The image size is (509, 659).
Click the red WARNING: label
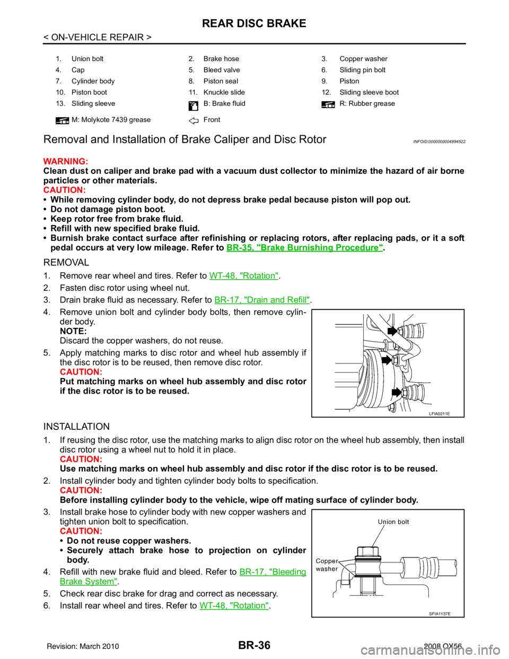click(65, 162)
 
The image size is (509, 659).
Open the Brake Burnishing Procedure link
click(304, 247)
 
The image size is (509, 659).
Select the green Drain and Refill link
click(262, 300)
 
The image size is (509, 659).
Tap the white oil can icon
click(194, 105)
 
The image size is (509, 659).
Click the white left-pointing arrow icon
click(194, 121)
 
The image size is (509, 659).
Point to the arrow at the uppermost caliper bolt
click(392, 331)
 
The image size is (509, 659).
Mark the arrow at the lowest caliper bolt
click(397, 393)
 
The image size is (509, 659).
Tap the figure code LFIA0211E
click(439, 413)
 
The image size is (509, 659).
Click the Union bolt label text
click(393, 522)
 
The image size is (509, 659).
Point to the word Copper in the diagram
click(327, 561)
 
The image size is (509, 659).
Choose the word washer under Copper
click(327, 569)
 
